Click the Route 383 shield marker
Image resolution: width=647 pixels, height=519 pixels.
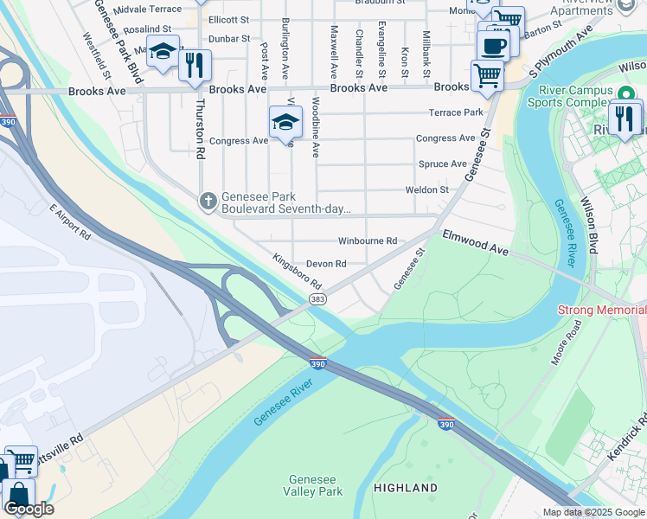[317, 299]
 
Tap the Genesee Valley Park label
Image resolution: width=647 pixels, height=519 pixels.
[315, 486]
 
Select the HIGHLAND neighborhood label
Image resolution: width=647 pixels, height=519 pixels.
[406, 488]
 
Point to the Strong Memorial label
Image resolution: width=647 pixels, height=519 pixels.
[601, 310]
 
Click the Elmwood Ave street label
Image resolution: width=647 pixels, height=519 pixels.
[475, 242]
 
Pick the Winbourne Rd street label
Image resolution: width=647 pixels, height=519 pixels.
[367, 240]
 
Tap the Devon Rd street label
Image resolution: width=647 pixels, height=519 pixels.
[326, 264]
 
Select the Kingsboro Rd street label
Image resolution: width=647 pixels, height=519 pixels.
[297, 271]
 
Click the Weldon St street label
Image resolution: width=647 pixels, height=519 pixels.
[427, 190]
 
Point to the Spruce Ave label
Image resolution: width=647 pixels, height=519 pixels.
[442, 164]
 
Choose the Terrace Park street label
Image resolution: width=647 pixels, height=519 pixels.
[456, 113]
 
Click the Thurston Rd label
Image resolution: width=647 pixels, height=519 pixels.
[200, 128]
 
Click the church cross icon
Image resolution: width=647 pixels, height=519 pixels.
[208, 202]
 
